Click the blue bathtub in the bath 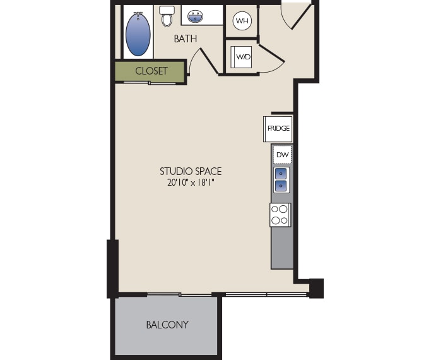(x=138, y=35)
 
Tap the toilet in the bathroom (x=167, y=16)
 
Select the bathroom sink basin (x=195, y=16)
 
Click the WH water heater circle (x=242, y=21)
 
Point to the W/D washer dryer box (x=243, y=57)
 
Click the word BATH (x=186, y=39)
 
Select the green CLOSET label (x=151, y=71)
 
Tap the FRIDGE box (x=278, y=129)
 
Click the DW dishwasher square (x=282, y=155)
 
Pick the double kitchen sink (x=281, y=180)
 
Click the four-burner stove (x=280, y=215)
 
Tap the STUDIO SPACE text (x=191, y=171)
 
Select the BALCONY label (x=167, y=325)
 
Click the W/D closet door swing (x=271, y=59)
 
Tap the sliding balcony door (x=180, y=294)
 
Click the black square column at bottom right (x=316, y=288)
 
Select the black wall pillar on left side (x=113, y=268)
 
